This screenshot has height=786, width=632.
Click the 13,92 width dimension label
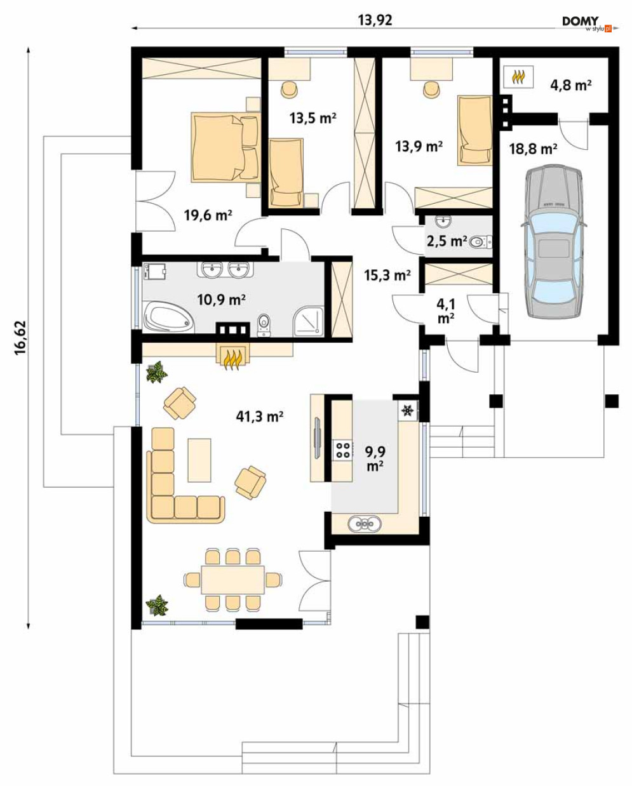(375, 20)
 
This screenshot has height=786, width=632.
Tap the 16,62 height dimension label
(20, 338)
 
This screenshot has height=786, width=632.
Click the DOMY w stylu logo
(587, 23)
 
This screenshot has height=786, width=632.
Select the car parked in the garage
(554, 241)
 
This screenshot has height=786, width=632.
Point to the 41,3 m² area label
(260, 416)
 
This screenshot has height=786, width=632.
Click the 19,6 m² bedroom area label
(208, 215)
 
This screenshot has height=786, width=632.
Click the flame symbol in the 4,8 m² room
(518, 77)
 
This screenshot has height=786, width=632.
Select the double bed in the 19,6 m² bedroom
(225, 147)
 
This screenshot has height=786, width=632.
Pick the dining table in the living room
(233, 580)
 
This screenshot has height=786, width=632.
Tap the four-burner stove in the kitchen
(342, 450)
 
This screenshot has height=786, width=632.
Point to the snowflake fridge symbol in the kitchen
(407, 411)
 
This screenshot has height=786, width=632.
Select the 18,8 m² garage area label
(534, 149)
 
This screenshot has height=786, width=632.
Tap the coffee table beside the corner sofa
(199, 460)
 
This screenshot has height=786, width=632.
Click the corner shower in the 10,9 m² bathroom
(309, 321)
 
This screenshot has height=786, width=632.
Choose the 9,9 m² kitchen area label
(375, 458)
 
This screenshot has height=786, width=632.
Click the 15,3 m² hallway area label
(387, 275)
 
